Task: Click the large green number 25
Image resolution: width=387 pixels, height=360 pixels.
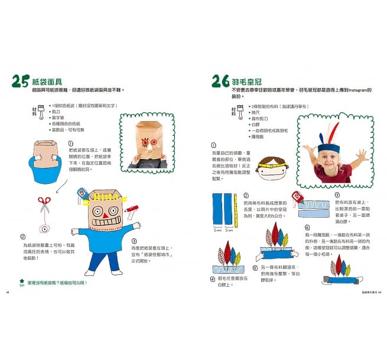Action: (x=19, y=81)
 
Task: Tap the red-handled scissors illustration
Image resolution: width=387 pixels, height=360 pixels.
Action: (x=44, y=205)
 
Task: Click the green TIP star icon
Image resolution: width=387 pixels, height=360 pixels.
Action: (x=22, y=282)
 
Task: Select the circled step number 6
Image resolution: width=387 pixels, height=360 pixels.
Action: (x=308, y=226)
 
